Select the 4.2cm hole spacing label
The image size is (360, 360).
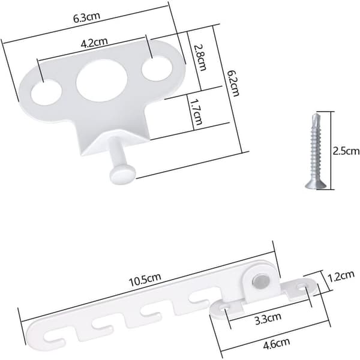[94, 43]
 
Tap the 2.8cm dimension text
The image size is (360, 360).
[200, 58]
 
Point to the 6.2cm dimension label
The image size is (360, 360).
[233, 83]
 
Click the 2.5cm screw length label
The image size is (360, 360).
[346, 152]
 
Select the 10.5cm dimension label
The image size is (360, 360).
[145, 280]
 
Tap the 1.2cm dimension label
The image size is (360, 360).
[341, 276]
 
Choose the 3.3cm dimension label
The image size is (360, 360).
[268, 319]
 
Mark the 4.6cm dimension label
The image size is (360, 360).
[277, 343]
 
